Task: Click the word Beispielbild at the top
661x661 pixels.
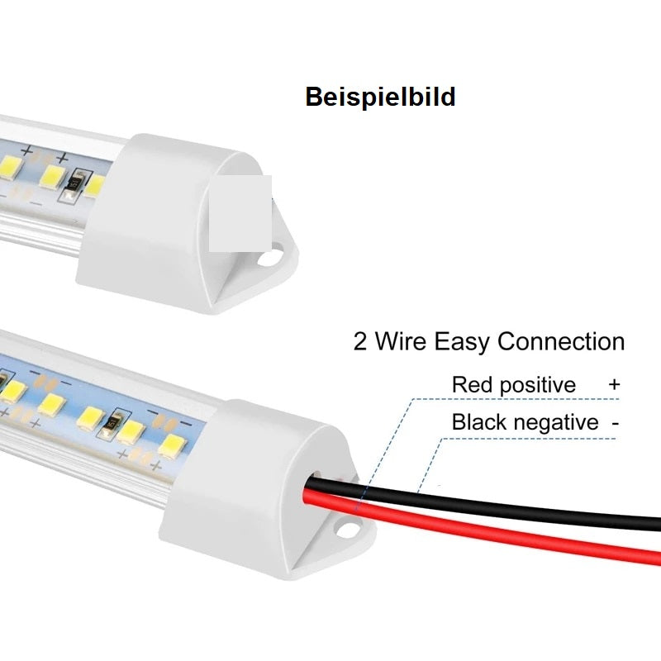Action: coord(380,97)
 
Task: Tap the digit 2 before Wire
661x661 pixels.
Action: coord(360,341)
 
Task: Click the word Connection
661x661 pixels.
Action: coord(561,341)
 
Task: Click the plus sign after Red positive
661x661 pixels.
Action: coord(613,384)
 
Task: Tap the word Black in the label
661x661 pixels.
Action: coord(479,422)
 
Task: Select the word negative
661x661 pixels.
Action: coord(556,422)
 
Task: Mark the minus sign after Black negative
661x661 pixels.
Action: coord(615,422)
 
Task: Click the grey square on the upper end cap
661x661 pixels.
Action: coord(240,213)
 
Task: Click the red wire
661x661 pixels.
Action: coord(496,529)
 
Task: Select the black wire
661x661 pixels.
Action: coord(537,506)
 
